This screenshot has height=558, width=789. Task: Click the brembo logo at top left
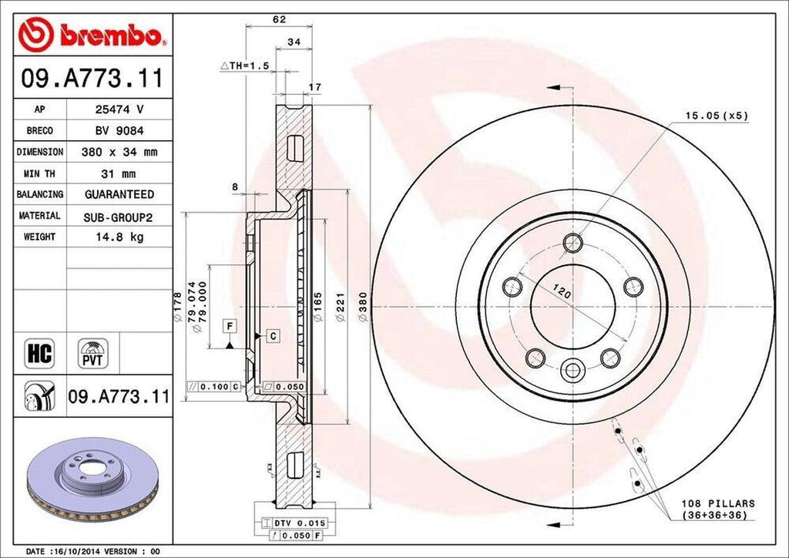(92, 35)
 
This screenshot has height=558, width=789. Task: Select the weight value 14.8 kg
(119, 237)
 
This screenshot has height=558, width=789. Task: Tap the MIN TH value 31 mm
(119, 173)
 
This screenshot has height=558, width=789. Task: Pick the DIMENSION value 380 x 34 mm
(119, 153)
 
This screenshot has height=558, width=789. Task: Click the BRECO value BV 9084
(119, 131)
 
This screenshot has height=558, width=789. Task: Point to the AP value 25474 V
(119, 109)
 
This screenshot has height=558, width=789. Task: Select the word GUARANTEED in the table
(119, 195)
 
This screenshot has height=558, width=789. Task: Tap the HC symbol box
(39, 354)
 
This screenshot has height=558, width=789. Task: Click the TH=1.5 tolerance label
(244, 67)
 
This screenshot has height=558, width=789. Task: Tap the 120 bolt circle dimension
(561, 293)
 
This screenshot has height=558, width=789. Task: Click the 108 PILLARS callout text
(718, 509)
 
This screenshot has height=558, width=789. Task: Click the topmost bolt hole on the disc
(572, 244)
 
